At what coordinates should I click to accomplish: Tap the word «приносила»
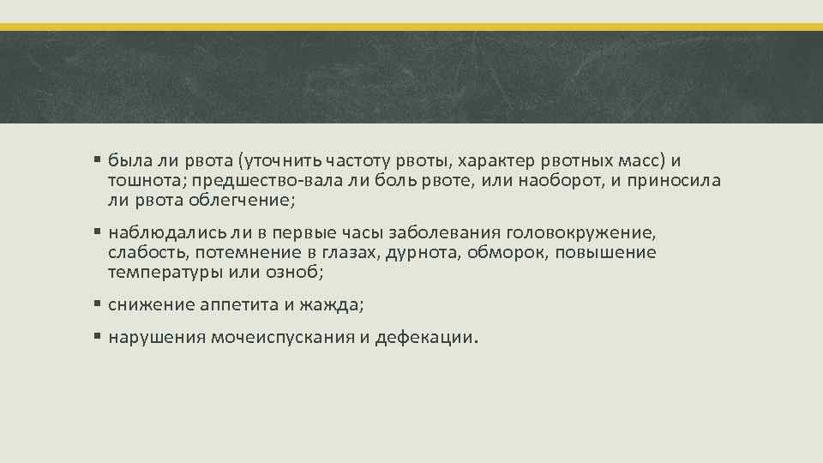(674, 181)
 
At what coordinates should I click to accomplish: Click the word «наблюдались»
(156, 233)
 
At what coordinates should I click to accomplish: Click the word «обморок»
(511, 253)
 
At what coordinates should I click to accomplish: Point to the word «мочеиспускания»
(281, 338)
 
